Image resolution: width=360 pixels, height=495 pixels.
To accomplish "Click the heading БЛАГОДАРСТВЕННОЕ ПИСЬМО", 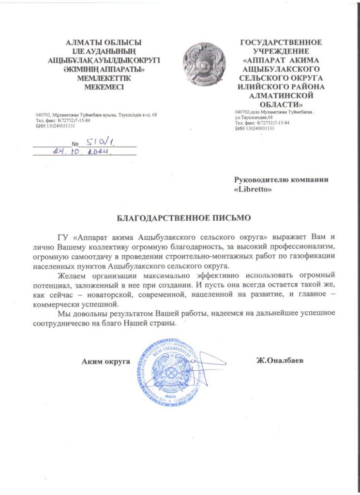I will (x=184, y=218).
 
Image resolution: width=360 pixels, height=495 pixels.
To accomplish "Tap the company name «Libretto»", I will (x=253, y=189).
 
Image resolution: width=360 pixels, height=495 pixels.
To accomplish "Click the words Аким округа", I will (x=106, y=361).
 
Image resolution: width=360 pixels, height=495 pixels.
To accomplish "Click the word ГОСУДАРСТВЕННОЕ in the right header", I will (x=281, y=43).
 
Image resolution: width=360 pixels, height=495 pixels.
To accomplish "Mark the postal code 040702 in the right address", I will (x=243, y=112).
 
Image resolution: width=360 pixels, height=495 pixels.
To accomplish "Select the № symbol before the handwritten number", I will (x=75, y=144).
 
